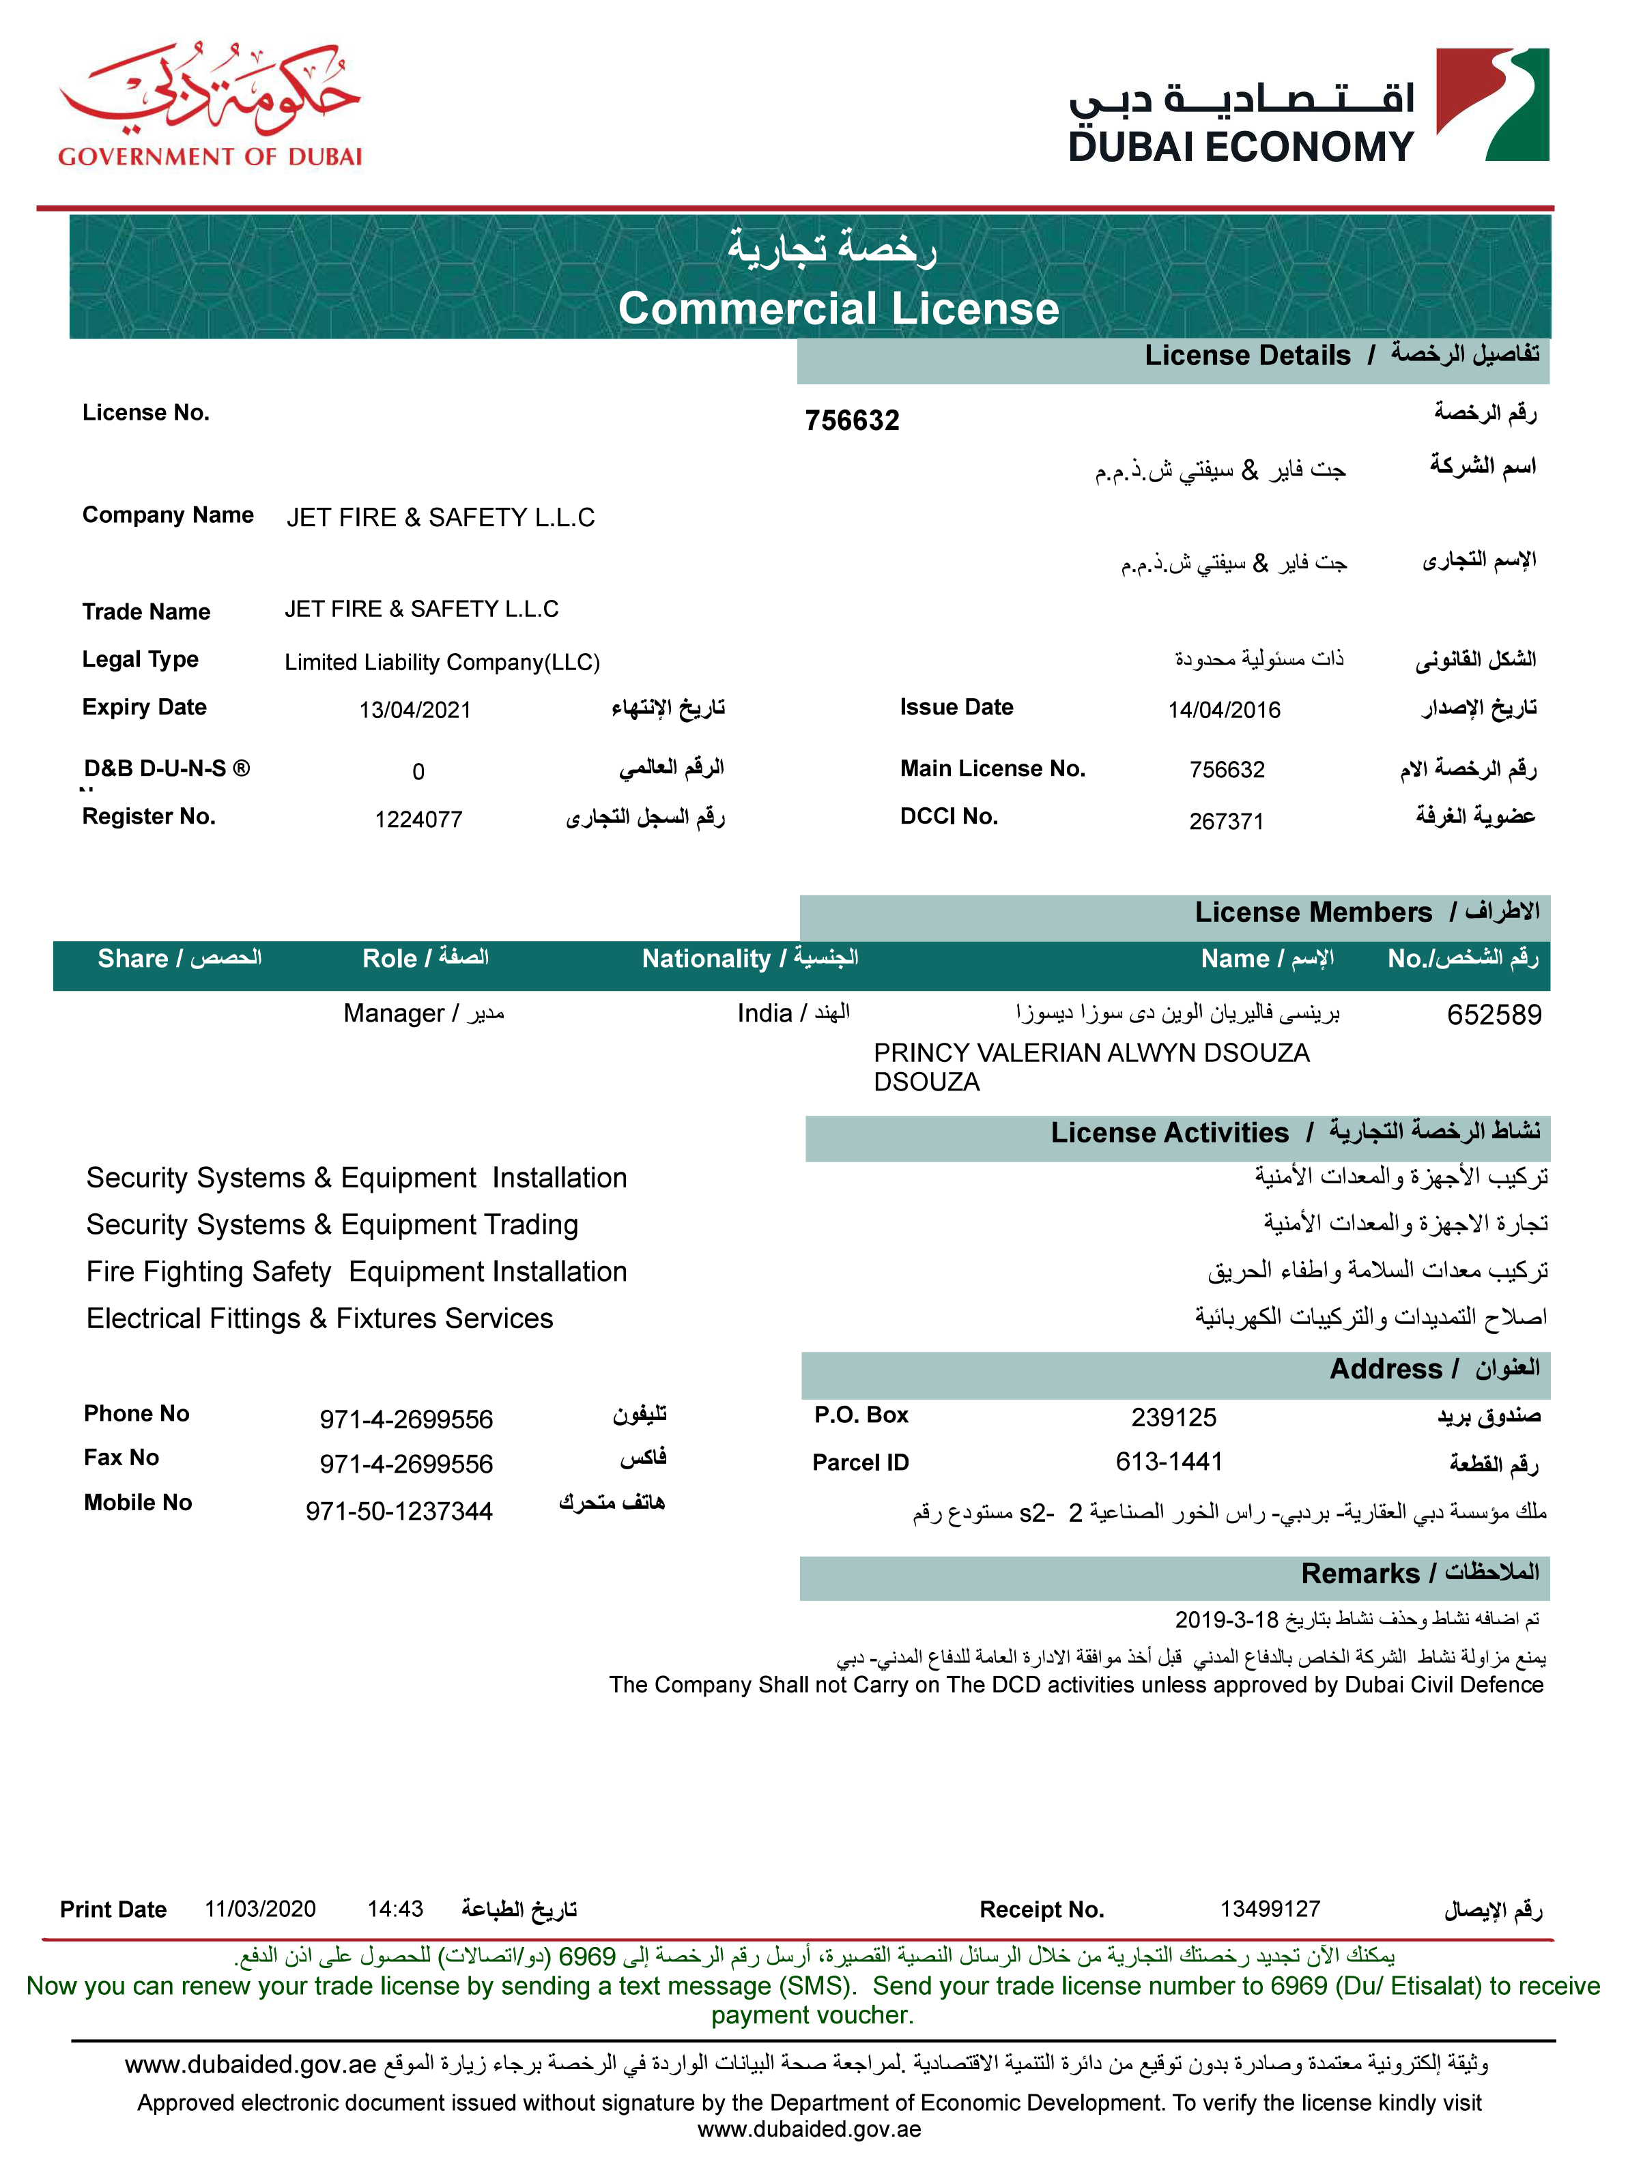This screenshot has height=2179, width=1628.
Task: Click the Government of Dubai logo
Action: (x=210, y=104)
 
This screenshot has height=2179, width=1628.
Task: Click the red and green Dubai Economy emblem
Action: (x=1492, y=104)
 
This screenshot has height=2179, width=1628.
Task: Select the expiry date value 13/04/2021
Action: (x=415, y=710)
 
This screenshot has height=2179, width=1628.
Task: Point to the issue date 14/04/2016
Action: (x=1224, y=710)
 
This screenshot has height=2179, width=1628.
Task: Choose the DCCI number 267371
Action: (x=1226, y=820)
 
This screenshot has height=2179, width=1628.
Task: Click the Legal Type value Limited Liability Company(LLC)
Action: (x=442, y=662)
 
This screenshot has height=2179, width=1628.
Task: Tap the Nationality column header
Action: (x=749, y=959)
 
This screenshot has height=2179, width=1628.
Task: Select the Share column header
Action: (x=180, y=959)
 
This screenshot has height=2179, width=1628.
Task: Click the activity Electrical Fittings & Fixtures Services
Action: (x=319, y=1318)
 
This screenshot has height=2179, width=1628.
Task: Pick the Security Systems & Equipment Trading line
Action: (x=332, y=1224)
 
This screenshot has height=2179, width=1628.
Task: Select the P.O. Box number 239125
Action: (x=1173, y=1417)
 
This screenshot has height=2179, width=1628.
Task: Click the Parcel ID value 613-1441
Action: (x=1169, y=1462)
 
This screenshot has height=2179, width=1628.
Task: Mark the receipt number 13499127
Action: (x=1269, y=1909)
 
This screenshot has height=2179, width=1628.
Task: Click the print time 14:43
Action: (x=395, y=1909)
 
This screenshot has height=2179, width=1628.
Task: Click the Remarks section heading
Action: (x=1419, y=1573)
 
